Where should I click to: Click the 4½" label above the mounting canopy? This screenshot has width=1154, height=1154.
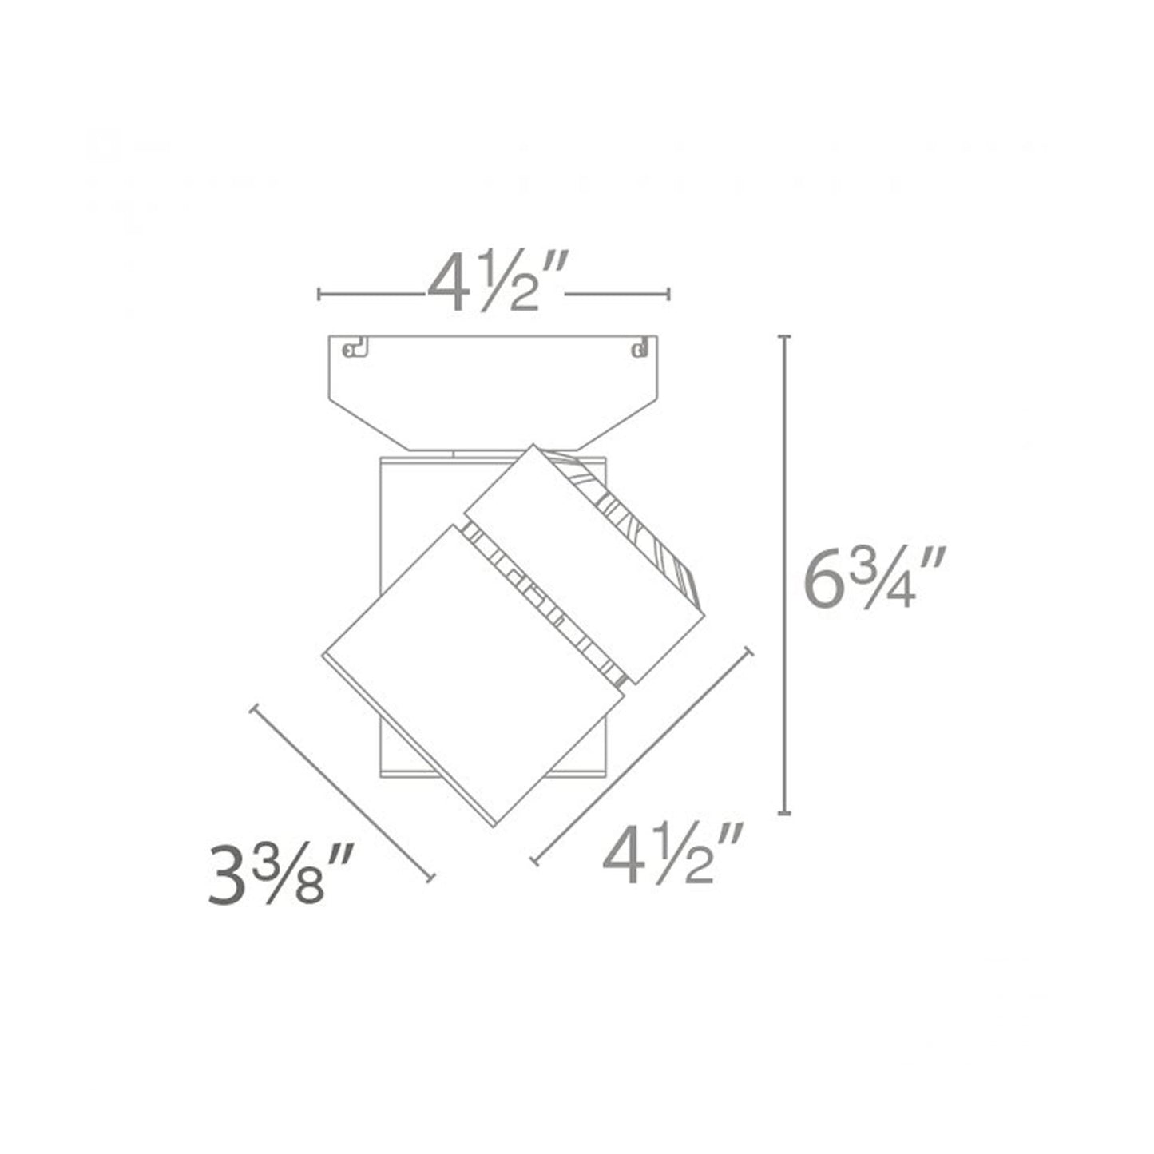(x=496, y=281)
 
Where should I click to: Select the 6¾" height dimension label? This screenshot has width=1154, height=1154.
(x=875, y=577)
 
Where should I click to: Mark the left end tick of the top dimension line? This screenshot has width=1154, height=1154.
(x=319, y=294)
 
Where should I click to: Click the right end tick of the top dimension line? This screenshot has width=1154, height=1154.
(x=668, y=294)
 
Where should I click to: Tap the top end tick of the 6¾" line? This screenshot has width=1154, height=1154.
(x=784, y=337)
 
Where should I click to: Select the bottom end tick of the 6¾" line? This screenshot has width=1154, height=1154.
(x=784, y=813)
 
